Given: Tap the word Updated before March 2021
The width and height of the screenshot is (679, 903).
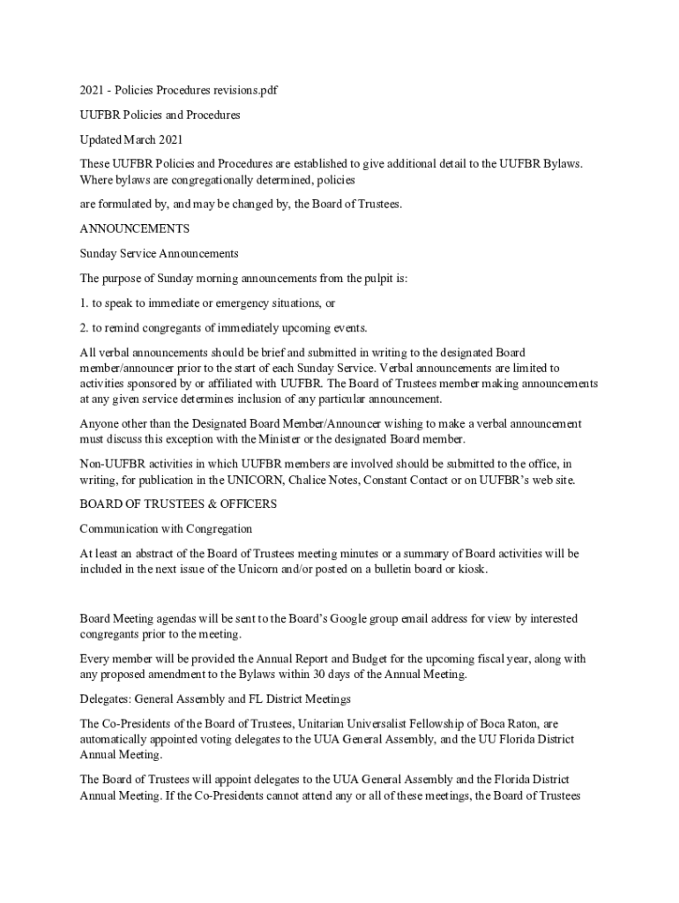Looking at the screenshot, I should point(100,139).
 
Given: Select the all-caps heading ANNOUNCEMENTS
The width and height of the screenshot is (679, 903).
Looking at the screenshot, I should point(134,228).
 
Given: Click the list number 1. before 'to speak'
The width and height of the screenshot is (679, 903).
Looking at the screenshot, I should point(85,302).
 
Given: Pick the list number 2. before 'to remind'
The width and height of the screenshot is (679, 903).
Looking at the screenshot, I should point(85,328).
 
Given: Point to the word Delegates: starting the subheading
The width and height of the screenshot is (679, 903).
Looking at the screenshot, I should point(107,699).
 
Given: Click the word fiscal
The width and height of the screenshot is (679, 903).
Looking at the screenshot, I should point(475,659).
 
